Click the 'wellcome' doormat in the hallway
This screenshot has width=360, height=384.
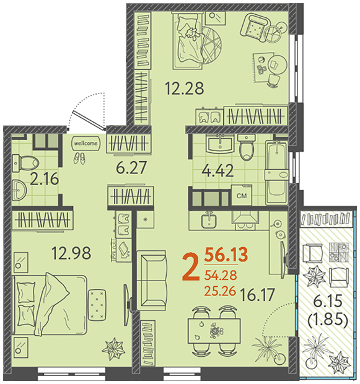coord(86,143)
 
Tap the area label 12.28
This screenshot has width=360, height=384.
coord(184,89)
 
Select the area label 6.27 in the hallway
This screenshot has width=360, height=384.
coord(131,167)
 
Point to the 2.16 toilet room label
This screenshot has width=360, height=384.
coord(45,179)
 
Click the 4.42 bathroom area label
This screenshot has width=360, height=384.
coord(217,170)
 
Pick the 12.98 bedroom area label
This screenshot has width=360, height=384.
coord(71,253)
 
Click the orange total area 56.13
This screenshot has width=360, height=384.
coord(226,255)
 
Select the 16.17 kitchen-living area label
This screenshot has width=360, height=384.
coord(257,295)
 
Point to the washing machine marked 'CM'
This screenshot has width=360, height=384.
coord(242,196)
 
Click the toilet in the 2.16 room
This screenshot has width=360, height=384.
coord(25,162)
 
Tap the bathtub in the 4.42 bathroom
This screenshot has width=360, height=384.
coord(277,172)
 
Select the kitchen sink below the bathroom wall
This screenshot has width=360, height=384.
coord(209,220)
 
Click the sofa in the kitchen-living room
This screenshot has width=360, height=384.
coord(151,280)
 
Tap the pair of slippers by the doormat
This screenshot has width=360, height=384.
coord(79,158)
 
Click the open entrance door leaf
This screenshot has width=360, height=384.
coord(89,120)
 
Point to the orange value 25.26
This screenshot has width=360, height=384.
coord(220,291)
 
